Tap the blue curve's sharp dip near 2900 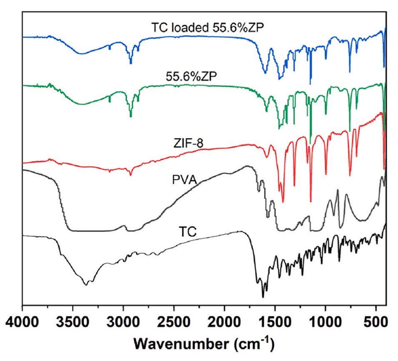pos(131,63)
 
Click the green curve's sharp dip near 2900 pos(131,116)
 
